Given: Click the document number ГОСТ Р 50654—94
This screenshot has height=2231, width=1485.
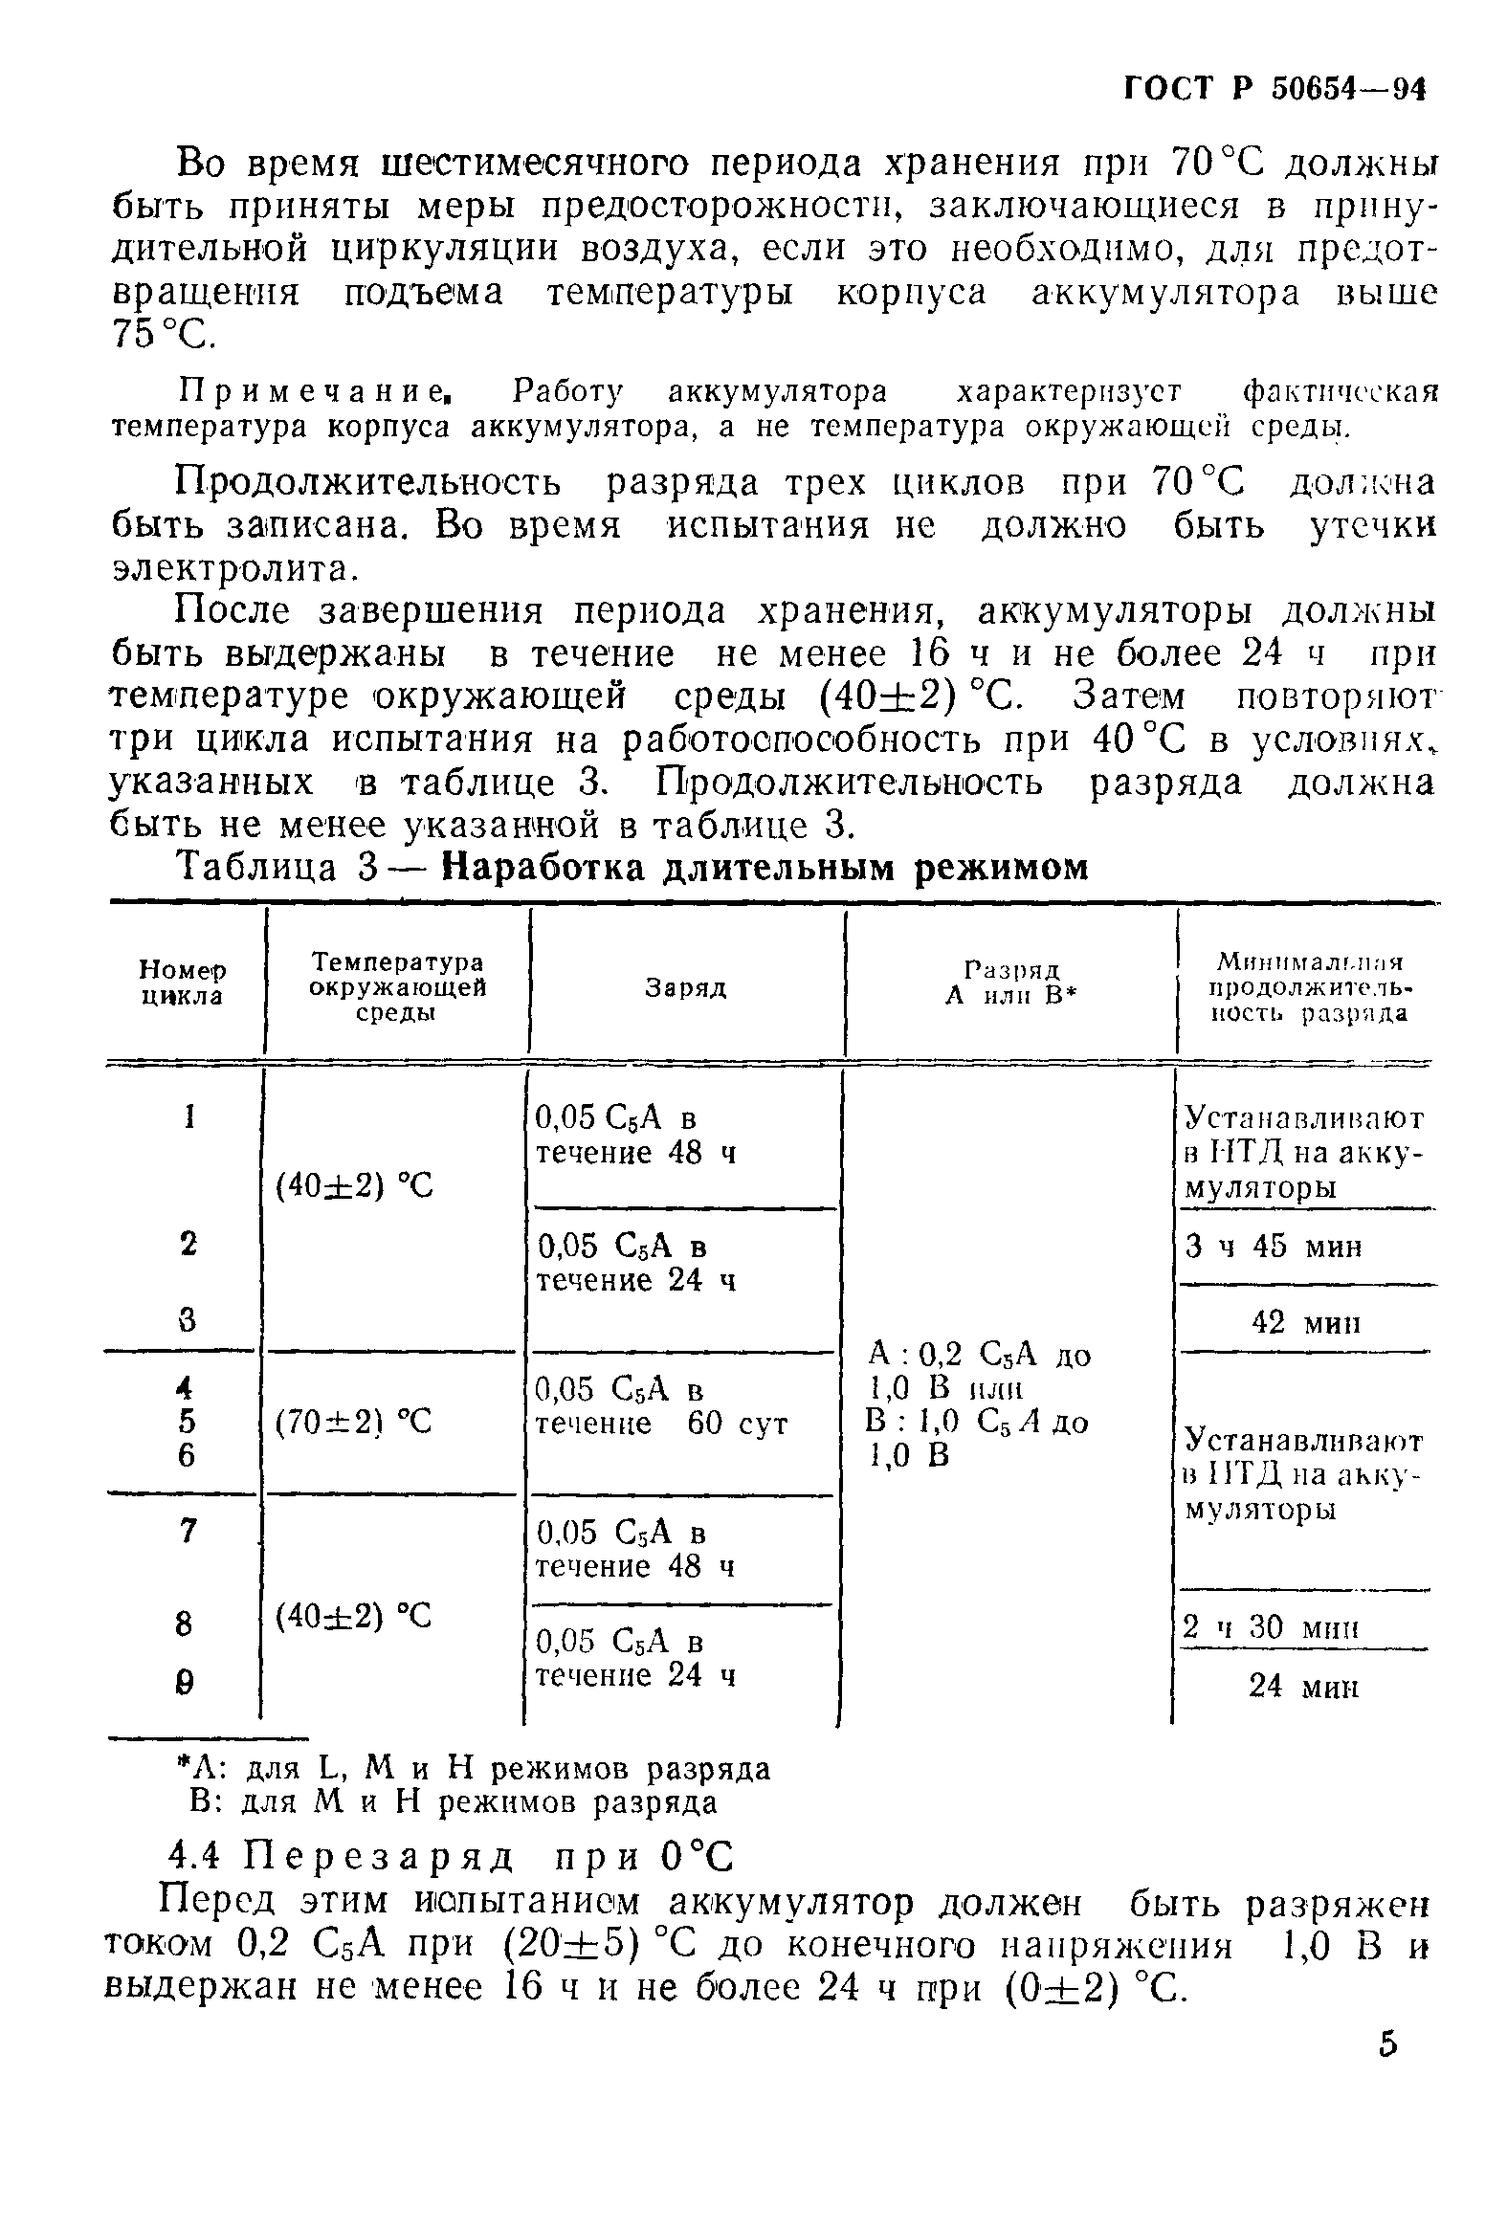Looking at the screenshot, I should click(1274, 89).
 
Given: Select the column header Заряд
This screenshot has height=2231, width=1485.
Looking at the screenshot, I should click(685, 988).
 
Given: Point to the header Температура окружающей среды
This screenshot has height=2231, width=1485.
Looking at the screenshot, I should click(396, 985).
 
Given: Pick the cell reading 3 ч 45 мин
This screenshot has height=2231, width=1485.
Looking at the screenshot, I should click(1273, 1248).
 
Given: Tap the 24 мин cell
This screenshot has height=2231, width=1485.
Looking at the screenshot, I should click(1303, 1686).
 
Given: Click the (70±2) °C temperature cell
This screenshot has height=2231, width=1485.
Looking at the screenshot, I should click(354, 1424).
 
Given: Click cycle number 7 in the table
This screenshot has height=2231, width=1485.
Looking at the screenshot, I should click(188, 1532).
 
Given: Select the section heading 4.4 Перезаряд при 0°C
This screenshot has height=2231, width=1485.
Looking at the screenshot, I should click(451, 1858).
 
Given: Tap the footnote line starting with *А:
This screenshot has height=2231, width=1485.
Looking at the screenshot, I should click(475, 1769).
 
